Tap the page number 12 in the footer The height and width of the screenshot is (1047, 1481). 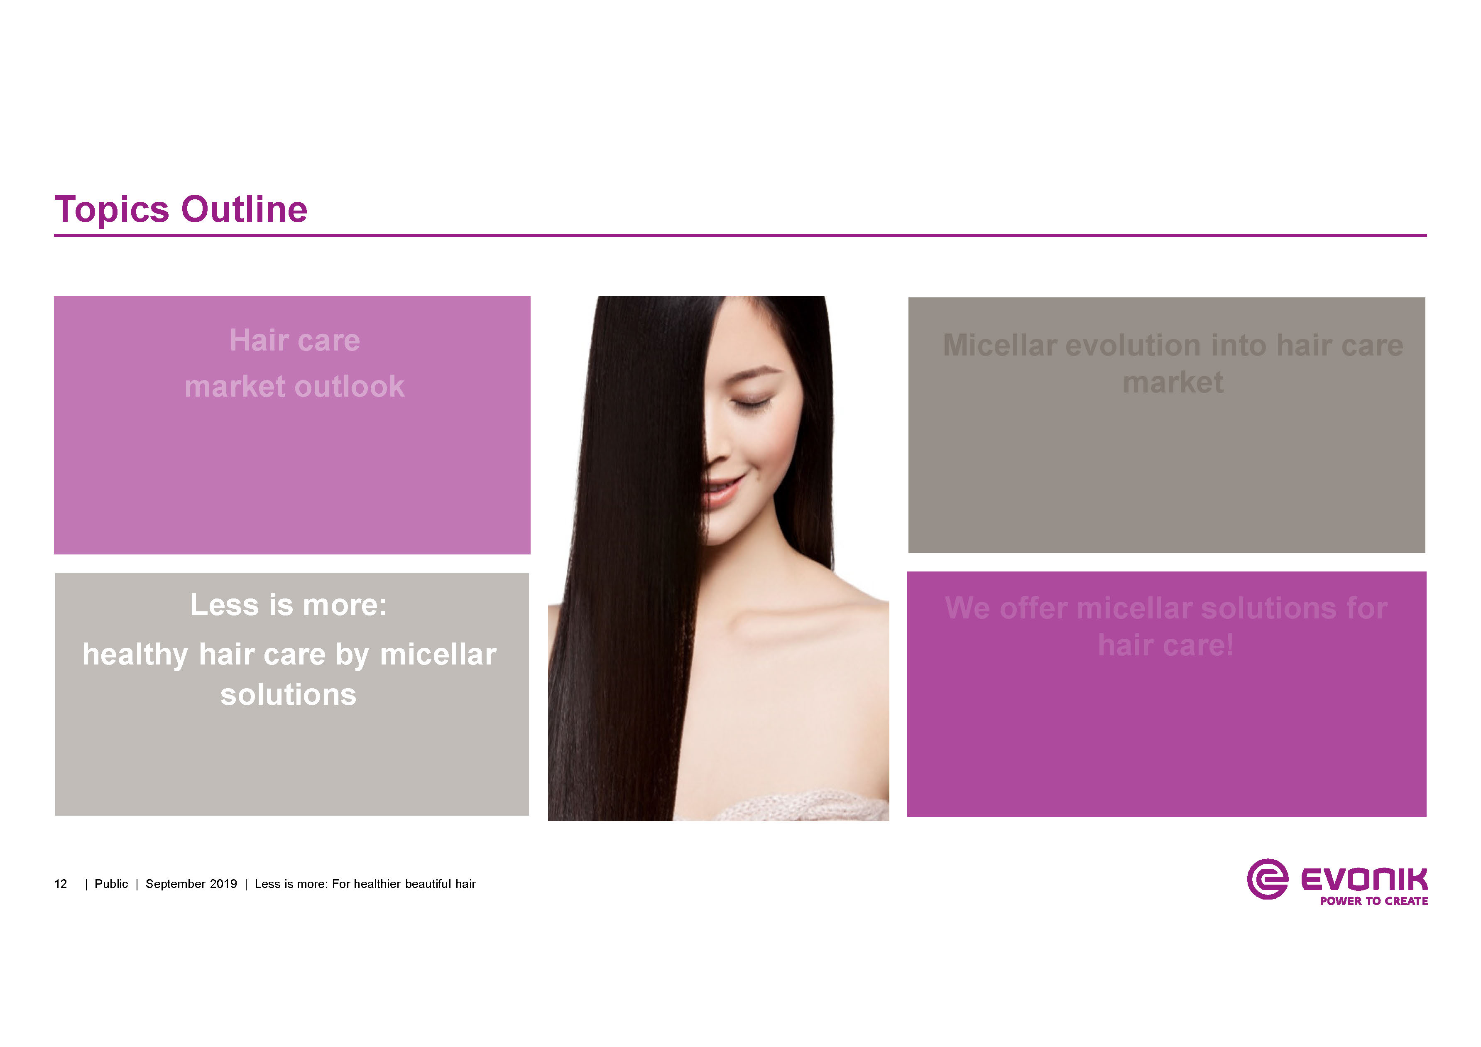coord(61,884)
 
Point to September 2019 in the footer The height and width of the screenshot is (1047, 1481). coord(191,884)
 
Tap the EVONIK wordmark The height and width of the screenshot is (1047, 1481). coord(1364,879)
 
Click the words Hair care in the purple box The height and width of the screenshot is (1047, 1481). coord(295,340)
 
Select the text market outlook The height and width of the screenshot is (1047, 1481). coord(295,386)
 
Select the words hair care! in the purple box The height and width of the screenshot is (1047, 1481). coord(1165,645)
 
